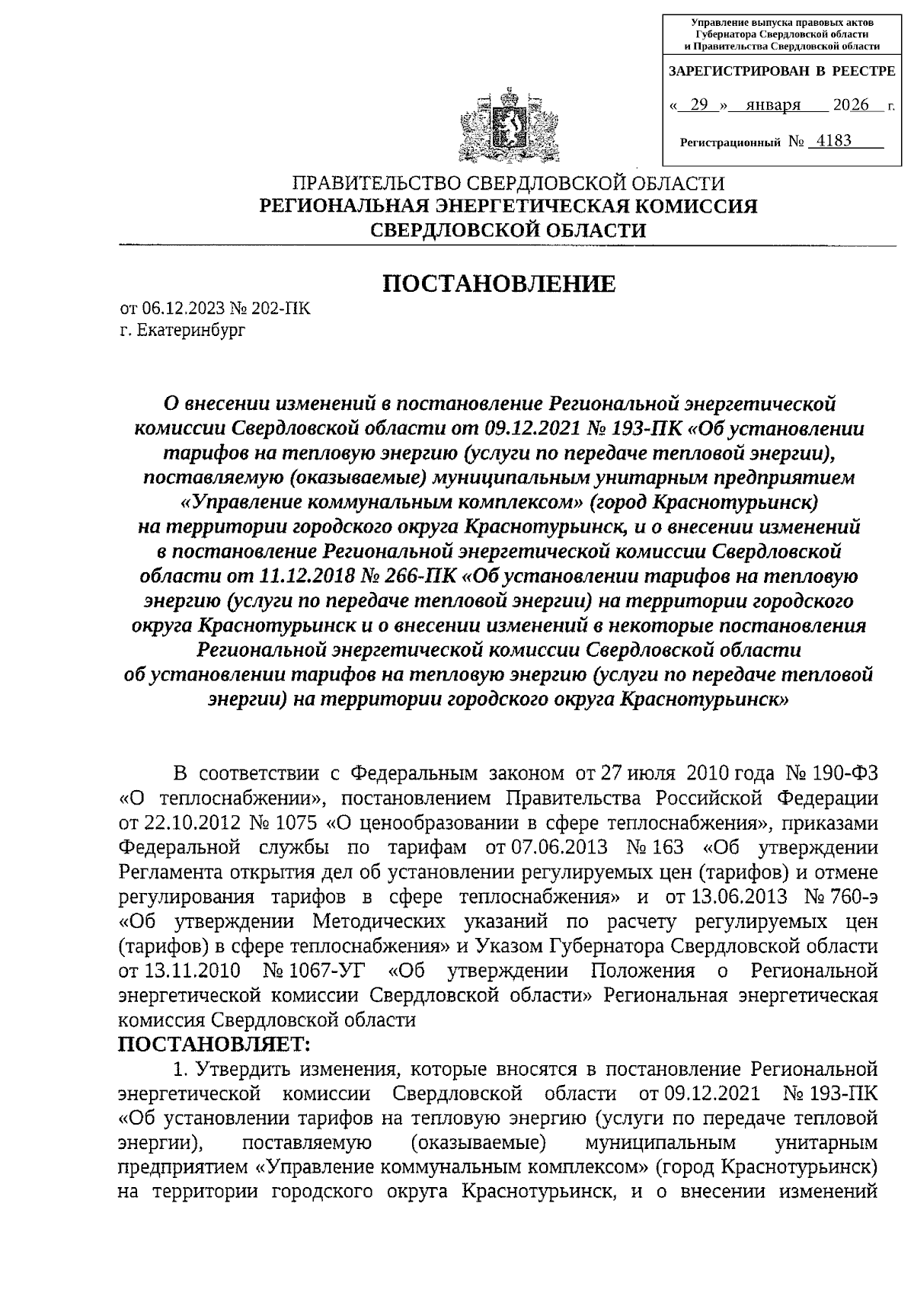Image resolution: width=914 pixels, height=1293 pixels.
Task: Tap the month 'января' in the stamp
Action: coord(772,105)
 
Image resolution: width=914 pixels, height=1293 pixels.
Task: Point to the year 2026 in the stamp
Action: coord(851,105)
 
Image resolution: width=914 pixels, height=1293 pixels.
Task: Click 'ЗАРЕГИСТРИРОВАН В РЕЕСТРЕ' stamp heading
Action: coord(781,72)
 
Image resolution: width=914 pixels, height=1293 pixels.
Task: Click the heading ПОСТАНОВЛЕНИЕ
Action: coord(498,284)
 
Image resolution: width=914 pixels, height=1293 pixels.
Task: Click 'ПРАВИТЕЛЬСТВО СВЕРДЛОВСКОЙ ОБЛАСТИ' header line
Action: coord(508,184)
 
